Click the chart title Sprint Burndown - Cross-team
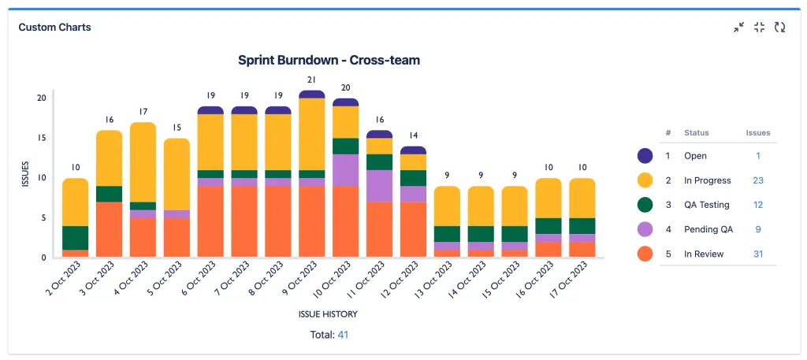tap(329, 60)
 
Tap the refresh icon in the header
tap(779, 27)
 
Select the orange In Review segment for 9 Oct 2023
tap(312, 221)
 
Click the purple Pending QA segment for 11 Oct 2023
tap(380, 186)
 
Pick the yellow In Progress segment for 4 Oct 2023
tap(143, 162)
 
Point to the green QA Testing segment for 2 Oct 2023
tap(76, 238)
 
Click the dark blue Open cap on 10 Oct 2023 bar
tap(346, 102)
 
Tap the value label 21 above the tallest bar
tap(312, 80)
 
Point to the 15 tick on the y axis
tap(41, 138)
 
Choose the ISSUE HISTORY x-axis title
tap(328, 314)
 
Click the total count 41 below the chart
tap(343, 335)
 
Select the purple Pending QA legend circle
tap(645, 229)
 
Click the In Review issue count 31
tap(758, 254)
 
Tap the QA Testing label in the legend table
tap(707, 205)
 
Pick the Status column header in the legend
tap(697, 133)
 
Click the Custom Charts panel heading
tap(54, 27)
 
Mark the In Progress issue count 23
tap(758, 180)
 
